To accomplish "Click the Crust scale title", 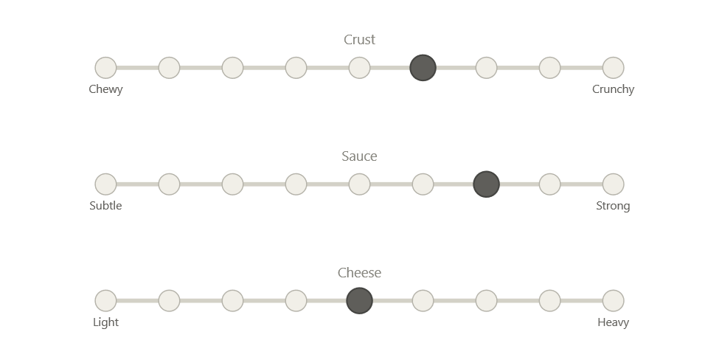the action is click(360, 40).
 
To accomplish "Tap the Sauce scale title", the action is click(360, 156).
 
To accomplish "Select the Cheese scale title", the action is click(360, 273).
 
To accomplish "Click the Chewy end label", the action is click(105, 89).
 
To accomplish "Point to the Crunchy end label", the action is click(614, 89).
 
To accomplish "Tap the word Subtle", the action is click(105, 206).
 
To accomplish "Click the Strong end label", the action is click(614, 206).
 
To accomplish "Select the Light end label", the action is click(105, 322).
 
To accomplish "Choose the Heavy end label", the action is click(614, 322).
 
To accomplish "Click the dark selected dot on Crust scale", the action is click(423, 68).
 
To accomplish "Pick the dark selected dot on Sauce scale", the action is click(487, 184).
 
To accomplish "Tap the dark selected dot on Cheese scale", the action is click(360, 301).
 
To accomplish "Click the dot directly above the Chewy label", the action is click(105, 68).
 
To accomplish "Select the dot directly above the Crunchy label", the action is click(614, 68).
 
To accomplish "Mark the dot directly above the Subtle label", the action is click(105, 184).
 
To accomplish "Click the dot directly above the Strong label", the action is click(614, 184).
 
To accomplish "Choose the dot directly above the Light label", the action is click(105, 301).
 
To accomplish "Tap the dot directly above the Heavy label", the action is click(614, 301).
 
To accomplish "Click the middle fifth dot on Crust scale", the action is click(360, 68).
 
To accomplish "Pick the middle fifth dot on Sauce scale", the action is click(360, 184).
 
